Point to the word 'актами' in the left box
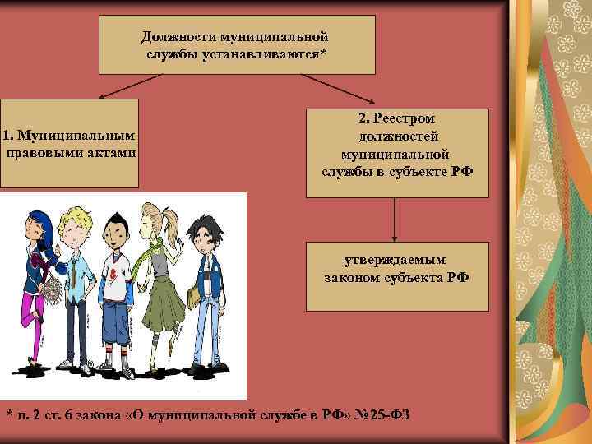tap(111, 152)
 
